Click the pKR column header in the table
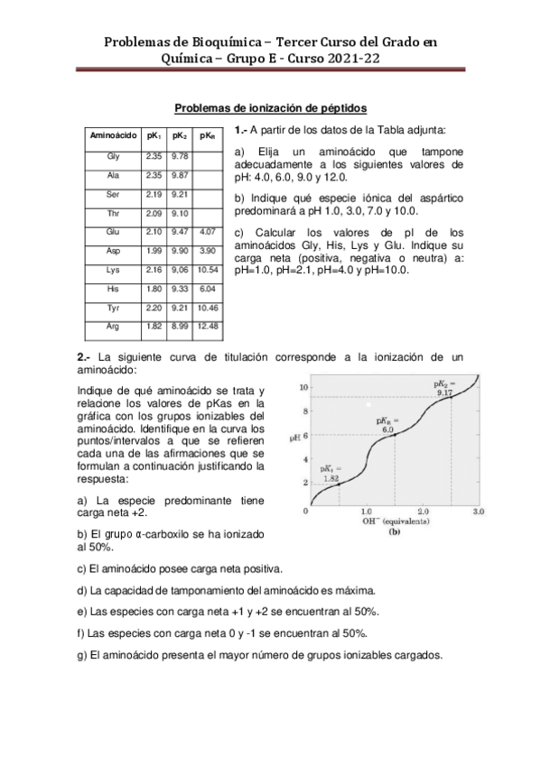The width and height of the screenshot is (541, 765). coord(207,135)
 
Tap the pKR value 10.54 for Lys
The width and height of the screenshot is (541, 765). coord(207,270)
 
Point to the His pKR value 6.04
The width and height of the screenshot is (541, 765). coord(207,289)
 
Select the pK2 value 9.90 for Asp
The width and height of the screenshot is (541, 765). coord(179,251)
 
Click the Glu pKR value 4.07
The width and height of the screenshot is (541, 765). coord(207,232)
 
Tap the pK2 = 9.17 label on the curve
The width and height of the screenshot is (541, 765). coord(444,388)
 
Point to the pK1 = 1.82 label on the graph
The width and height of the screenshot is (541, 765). coord(331,475)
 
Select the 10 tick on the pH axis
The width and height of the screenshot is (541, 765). coord(304,387)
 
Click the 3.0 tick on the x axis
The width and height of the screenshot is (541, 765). coord(479,512)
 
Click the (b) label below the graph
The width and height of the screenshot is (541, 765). coord(395,532)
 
